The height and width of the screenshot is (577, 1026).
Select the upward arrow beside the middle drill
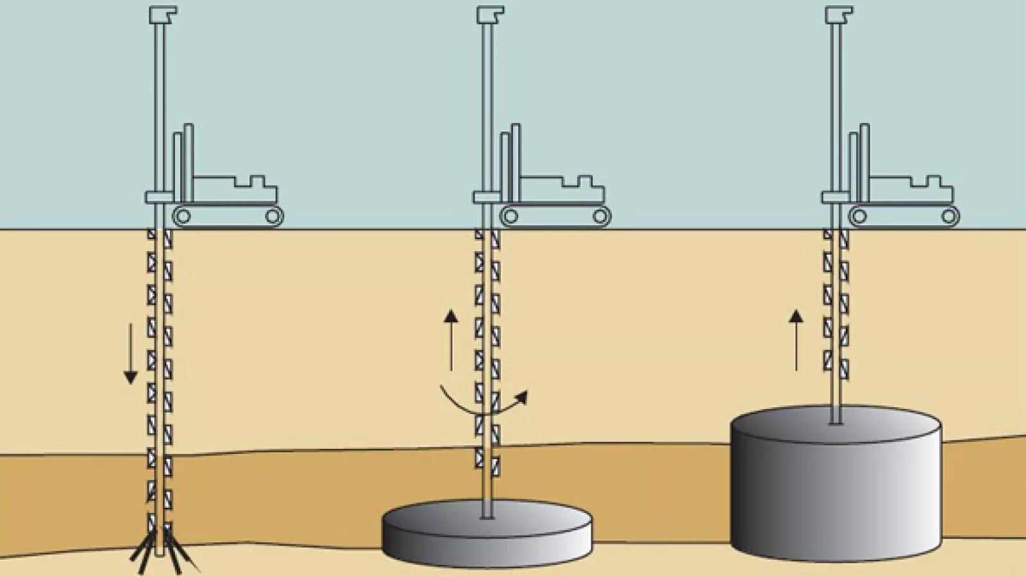tap(451, 340)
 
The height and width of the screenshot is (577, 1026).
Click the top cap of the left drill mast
tap(163, 15)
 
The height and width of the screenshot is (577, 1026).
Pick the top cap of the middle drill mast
tap(490, 15)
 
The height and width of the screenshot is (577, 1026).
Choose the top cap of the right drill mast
tap(839, 15)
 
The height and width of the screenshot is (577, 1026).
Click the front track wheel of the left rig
tap(183, 217)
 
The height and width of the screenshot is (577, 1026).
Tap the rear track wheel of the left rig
tap(273, 217)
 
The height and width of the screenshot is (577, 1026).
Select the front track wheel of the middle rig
tap(510, 217)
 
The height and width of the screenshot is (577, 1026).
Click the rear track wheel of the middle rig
tap(601, 217)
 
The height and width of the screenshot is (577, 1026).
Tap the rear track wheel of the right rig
tap(949, 217)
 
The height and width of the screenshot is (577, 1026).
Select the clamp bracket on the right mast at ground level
tap(835, 197)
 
